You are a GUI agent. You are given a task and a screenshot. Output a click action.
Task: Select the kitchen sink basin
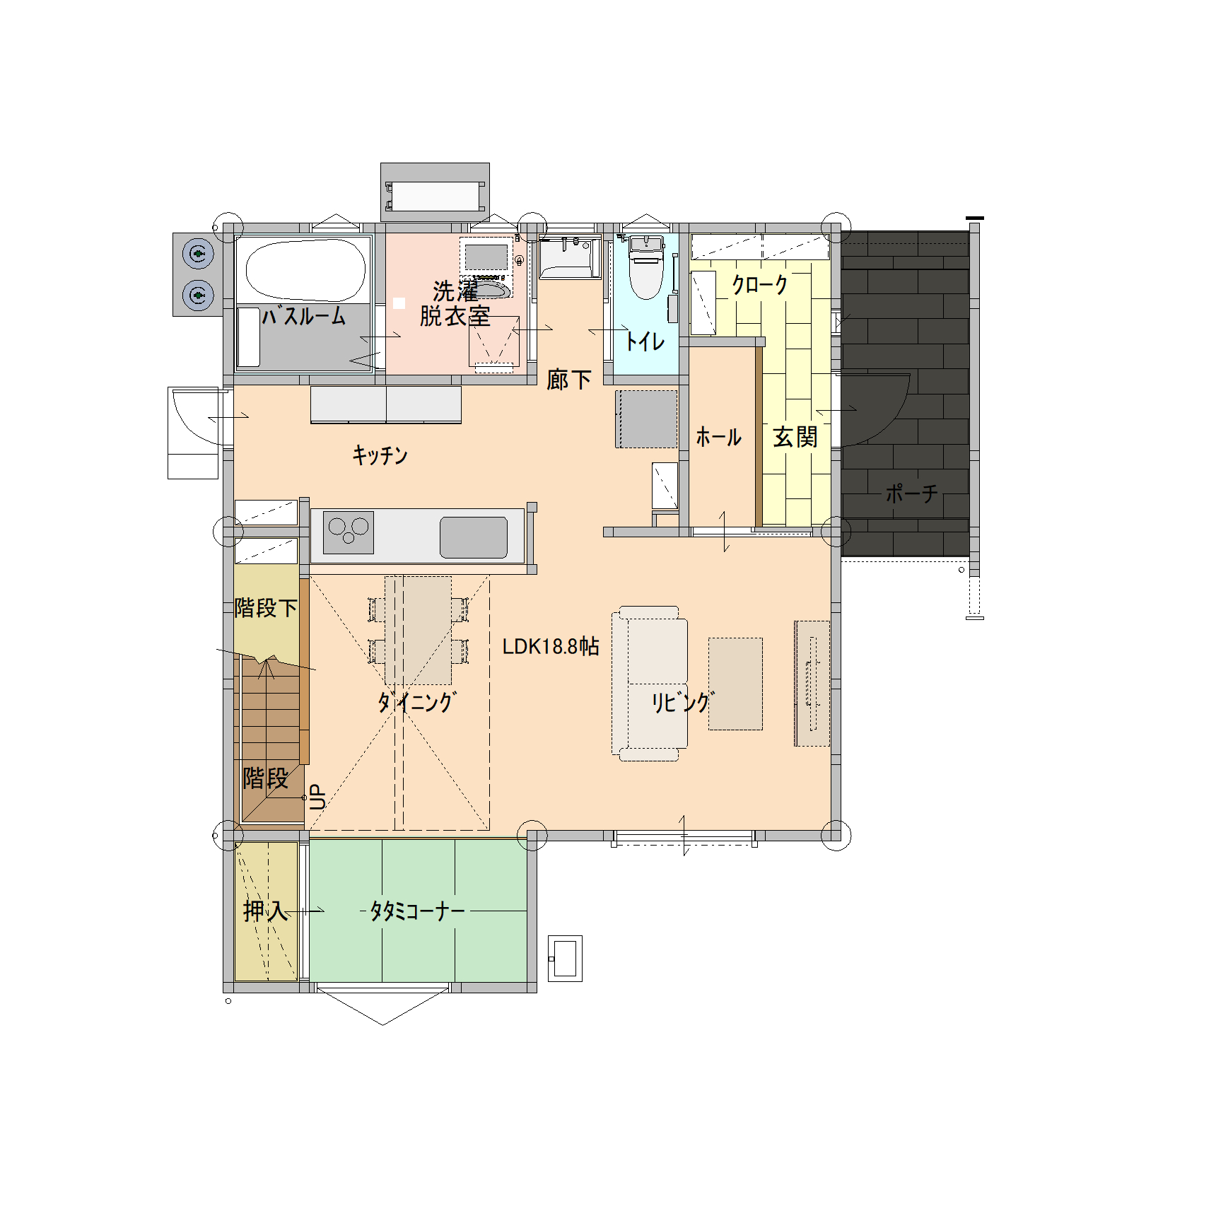(x=474, y=537)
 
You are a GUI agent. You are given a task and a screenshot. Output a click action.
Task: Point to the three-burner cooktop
(x=349, y=532)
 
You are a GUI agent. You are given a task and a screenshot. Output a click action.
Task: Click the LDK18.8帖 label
(x=551, y=646)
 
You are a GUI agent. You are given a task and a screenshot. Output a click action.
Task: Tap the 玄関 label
(x=795, y=437)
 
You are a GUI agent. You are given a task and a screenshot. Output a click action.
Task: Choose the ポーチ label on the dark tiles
(x=912, y=493)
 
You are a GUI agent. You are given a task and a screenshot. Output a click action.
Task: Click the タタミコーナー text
(x=418, y=911)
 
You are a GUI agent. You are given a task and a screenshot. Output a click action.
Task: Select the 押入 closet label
(x=266, y=911)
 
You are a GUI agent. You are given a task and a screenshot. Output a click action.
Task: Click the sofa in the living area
(x=649, y=683)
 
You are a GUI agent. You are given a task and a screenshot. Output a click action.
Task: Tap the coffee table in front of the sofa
(x=735, y=684)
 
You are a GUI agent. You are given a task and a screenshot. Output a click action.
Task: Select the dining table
(x=418, y=630)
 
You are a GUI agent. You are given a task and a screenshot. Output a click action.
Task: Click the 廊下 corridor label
(x=569, y=380)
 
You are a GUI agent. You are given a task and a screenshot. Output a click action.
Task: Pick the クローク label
(x=760, y=284)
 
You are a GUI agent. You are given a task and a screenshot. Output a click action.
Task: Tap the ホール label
(x=718, y=437)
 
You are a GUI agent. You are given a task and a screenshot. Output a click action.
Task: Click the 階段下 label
(x=266, y=607)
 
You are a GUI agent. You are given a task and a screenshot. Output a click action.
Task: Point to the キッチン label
(x=380, y=455)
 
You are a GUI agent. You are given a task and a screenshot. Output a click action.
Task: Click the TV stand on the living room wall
(x=812, y=684)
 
